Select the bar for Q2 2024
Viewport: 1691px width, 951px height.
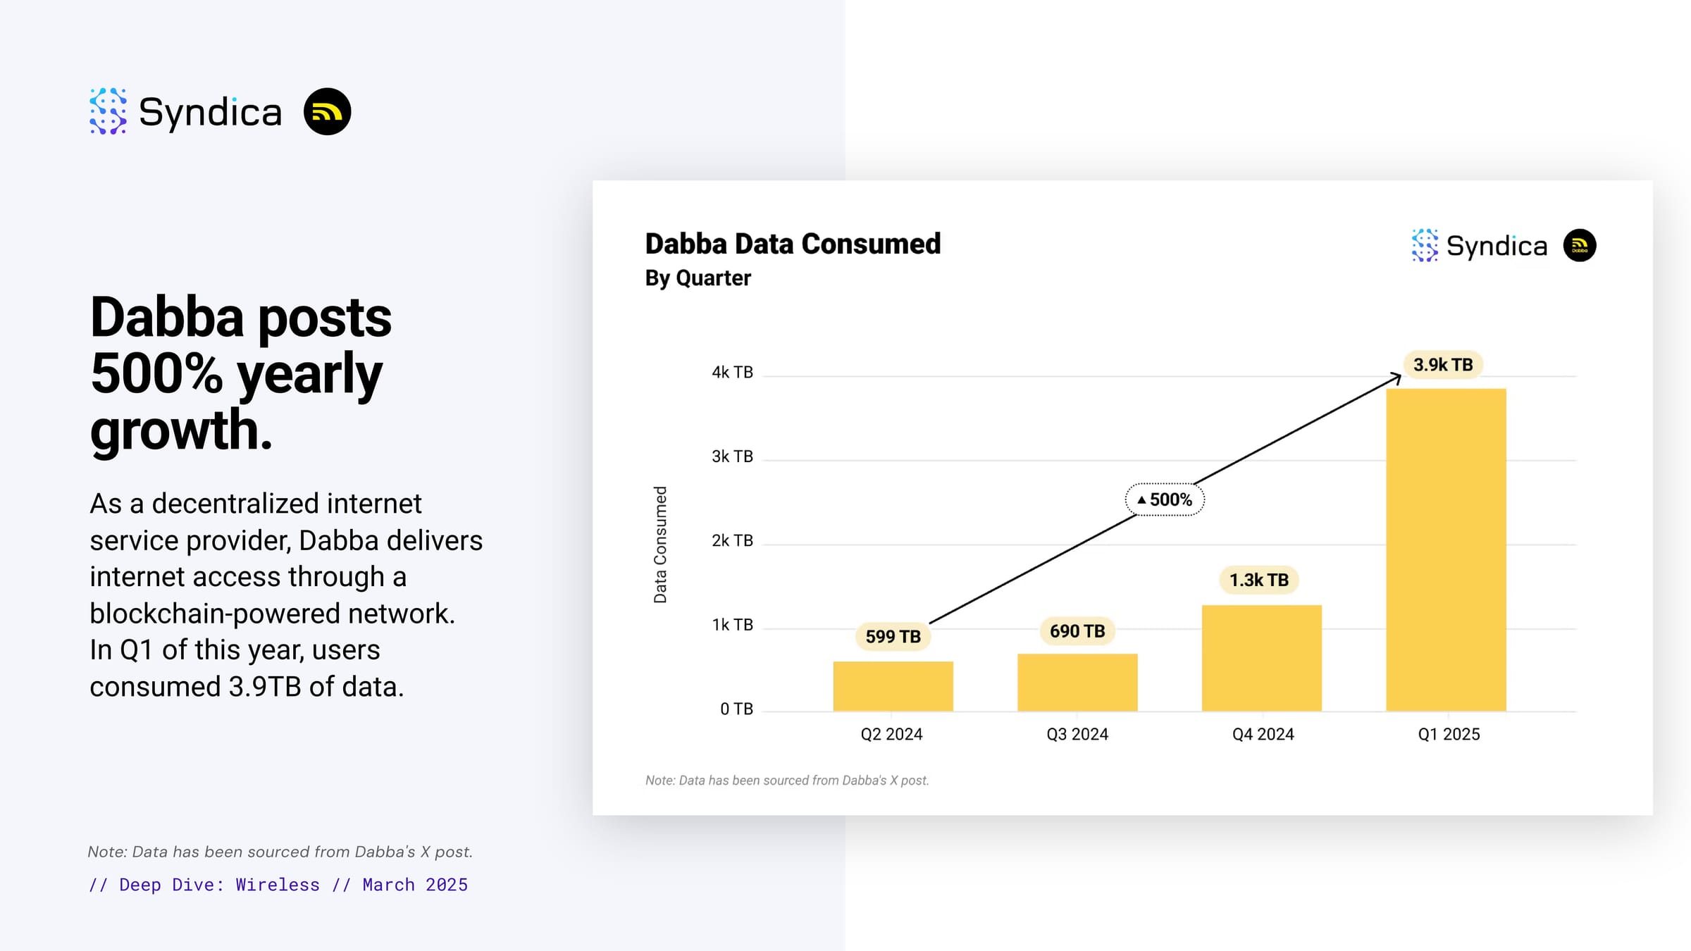click(x=893, y=686)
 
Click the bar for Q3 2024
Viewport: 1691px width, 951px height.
click(x=1077, y=683)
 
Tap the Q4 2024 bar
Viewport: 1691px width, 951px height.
click(x=1262, y=658)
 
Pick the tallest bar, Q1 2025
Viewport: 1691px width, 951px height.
click(x=1446, y=549)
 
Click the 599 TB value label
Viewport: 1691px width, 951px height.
click(x=893, y=636)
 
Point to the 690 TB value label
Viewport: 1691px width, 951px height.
click(x=1077, y=630)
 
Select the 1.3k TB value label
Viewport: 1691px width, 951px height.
click(x=1259, y=580)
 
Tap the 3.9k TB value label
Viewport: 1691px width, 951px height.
click(x=1443, y=364)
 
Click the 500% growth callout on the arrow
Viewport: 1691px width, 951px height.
click(x=1165, y=499)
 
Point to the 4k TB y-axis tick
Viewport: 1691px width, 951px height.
click(x=732, y=372)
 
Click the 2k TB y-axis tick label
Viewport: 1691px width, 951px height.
click(x=732, y=540)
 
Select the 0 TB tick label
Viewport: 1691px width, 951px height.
click(x=736, y=709)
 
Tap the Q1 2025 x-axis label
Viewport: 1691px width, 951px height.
click(x=1449, y=734)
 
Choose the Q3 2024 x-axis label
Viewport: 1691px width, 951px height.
click(x=1077, y=734)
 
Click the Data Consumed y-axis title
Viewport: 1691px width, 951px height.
click(x=660, y=545)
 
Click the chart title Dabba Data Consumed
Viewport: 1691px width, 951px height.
click(x=793, y=244)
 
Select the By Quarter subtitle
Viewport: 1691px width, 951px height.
click(x=698, y=278)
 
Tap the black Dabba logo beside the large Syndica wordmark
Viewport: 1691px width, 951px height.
click(x=327, y=111)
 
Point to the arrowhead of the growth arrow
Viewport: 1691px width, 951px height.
click(x=1399, y=376)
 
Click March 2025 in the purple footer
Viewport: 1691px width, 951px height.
click(x=415, y=885)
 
